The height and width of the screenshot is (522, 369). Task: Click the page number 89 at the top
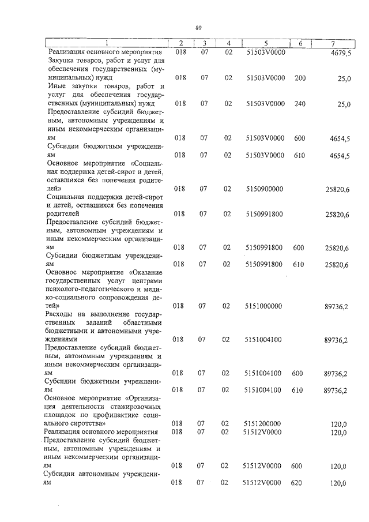[x=198, y=28]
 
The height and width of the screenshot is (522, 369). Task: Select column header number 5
[x=266, y=43]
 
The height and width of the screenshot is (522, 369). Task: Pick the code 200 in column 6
[x=300, y=78]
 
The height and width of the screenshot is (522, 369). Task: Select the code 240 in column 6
[x=300, y=104]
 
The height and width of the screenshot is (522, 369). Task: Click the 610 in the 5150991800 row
[x=298, y=265]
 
